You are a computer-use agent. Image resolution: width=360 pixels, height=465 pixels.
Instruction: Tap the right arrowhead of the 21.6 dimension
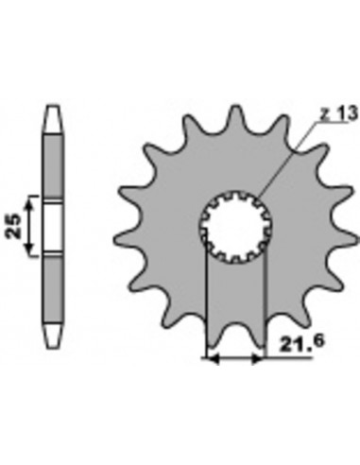tap(260, 359)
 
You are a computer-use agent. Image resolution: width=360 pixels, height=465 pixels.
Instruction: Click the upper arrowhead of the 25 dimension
tap(31, 200)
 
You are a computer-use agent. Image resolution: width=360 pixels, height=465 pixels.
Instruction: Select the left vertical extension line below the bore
tap(206, 302)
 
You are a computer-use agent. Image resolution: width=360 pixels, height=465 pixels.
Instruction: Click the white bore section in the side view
tap(52, 226)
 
